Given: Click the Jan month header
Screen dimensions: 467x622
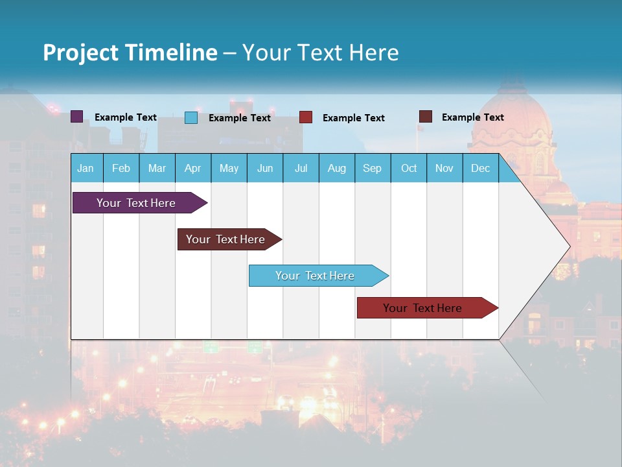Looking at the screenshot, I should pyautogui.click(x=86, y=168).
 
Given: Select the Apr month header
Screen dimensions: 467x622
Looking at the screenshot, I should pyautogui.click(x=192, y=168).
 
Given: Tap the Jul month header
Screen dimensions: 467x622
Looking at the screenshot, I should pyautogui.click(x=301, y=168).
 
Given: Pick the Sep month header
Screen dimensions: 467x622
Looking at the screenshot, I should pyautogui.click(x=372, y=168).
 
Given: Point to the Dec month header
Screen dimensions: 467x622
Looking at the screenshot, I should pyautogui.click(x=480, y=168).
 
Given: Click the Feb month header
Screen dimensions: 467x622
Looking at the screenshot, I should pyautogui.click(x=121, y=168).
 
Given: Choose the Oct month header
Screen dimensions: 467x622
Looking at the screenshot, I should pyautogui.click(x=409, y=168).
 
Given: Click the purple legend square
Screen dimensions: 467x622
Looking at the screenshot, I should pyautogui.click(x=76, y=117).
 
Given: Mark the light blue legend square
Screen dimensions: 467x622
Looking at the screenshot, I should pyautogui.click(x=191, y=117).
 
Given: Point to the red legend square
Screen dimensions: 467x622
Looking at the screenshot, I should pyautogui.click(x=306, y=117).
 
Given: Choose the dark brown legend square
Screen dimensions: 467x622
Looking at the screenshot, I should pyautogui.click(x=426, y=117).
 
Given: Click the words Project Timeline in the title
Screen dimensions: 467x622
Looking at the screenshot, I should pyautogui.click(x=130, y=53).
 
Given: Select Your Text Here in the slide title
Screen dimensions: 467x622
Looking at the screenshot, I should pyautogui.click(x=321, y=53).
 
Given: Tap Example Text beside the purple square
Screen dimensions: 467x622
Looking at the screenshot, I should pyautogui.click(x=126, y=117).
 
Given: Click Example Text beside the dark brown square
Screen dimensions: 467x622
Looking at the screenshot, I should pyautogui.click(x=473, y=117).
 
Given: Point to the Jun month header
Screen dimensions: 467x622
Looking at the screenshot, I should pyautogui.click(x=265, y=168).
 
